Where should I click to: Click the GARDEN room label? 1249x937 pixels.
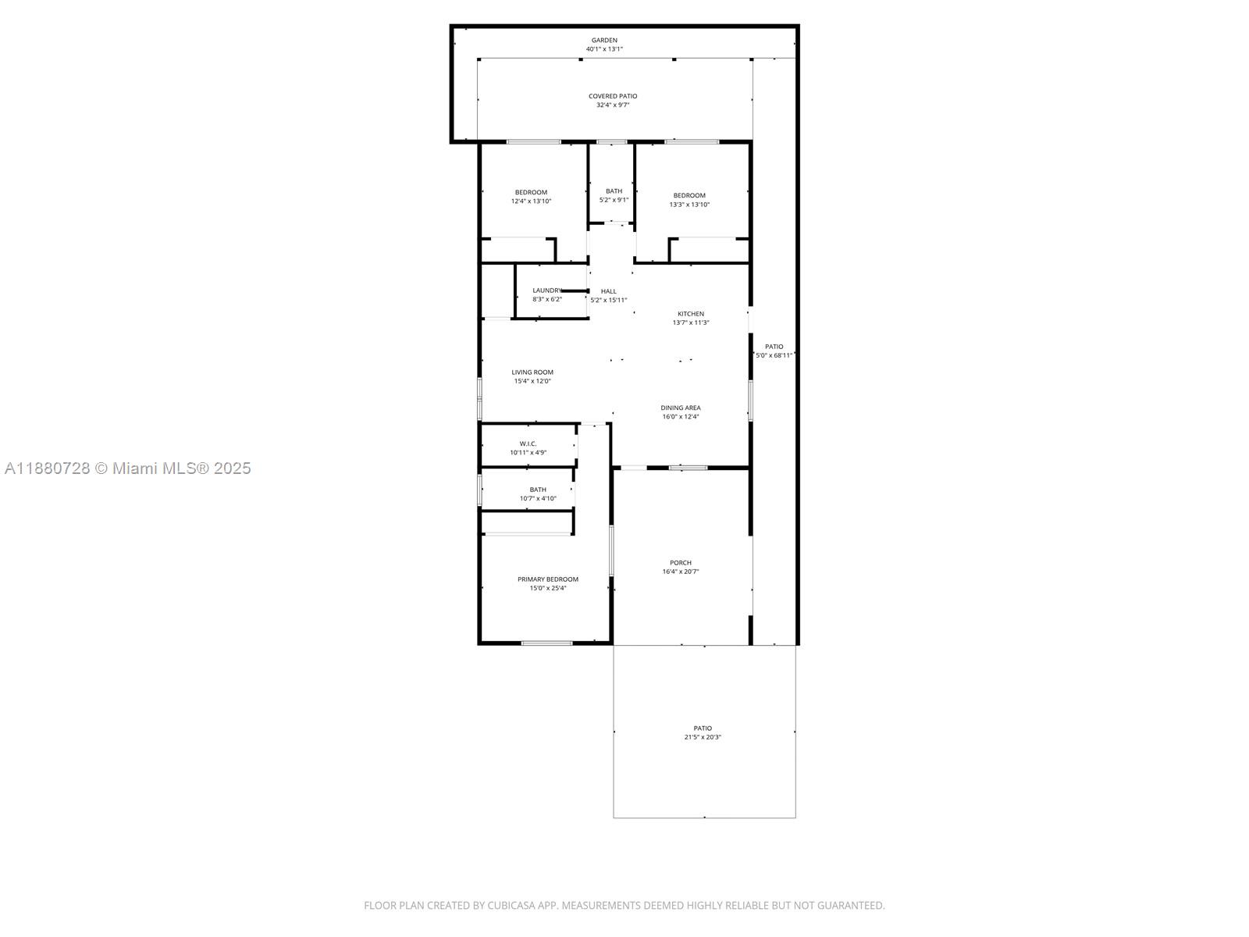604,40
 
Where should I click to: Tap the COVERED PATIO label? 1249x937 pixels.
613,96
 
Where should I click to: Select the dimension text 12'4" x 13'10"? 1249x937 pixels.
531,201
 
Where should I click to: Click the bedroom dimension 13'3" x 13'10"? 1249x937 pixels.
689,205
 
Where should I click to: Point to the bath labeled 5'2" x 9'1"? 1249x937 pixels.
614,195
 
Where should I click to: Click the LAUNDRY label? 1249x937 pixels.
546,290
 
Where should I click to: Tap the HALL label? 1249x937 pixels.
608,291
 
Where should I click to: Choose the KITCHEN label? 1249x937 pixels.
690,314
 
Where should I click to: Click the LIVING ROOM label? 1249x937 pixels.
532,372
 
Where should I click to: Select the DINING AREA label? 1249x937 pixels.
681,408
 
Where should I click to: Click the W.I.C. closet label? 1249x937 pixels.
528,444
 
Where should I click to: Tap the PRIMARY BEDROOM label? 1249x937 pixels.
547,579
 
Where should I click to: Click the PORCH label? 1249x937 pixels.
681,562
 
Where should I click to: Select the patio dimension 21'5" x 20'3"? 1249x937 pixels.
703,737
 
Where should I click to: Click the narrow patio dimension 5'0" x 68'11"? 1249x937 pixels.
774,355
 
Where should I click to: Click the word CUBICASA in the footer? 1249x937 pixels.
511,906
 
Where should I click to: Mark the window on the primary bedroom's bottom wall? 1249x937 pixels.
546,643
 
